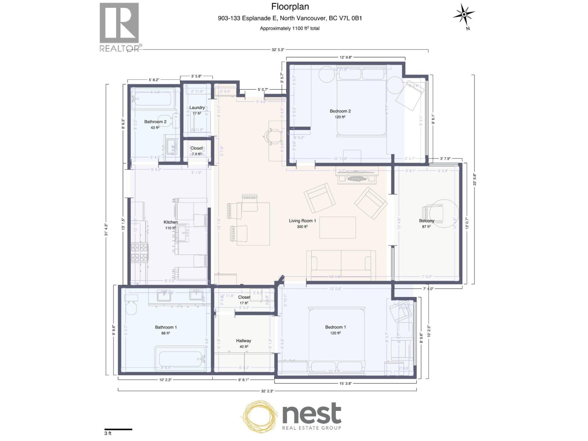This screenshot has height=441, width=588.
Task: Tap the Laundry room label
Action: (197, 108)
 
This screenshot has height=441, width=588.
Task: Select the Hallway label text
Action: (244, 341)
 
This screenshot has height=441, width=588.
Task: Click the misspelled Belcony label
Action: (426, 221)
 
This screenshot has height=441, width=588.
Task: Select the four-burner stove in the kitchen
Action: (140, 253)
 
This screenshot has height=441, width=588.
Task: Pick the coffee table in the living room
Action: (337, 228)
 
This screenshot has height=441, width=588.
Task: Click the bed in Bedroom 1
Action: (337, 340)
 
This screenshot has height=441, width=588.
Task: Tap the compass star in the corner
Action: (463, 15)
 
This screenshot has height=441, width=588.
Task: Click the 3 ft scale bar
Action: (118, 429)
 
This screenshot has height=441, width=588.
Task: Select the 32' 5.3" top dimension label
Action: (278, 50)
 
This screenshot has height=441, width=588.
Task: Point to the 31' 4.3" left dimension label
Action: (106, 230)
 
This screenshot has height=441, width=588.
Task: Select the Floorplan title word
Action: (290, 7)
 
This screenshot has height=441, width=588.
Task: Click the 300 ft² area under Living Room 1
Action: (302, 227)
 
